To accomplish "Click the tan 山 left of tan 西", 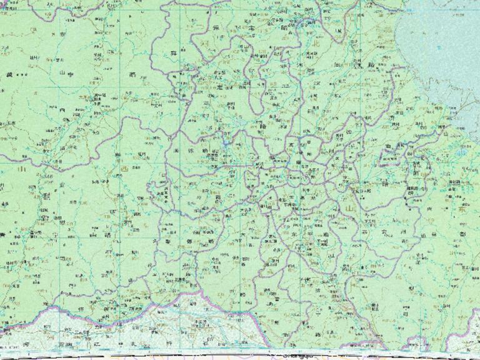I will (x=23, y=168).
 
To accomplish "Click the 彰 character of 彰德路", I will (x=169, y=241).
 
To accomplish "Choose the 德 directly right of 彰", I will (x=189, y=241).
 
